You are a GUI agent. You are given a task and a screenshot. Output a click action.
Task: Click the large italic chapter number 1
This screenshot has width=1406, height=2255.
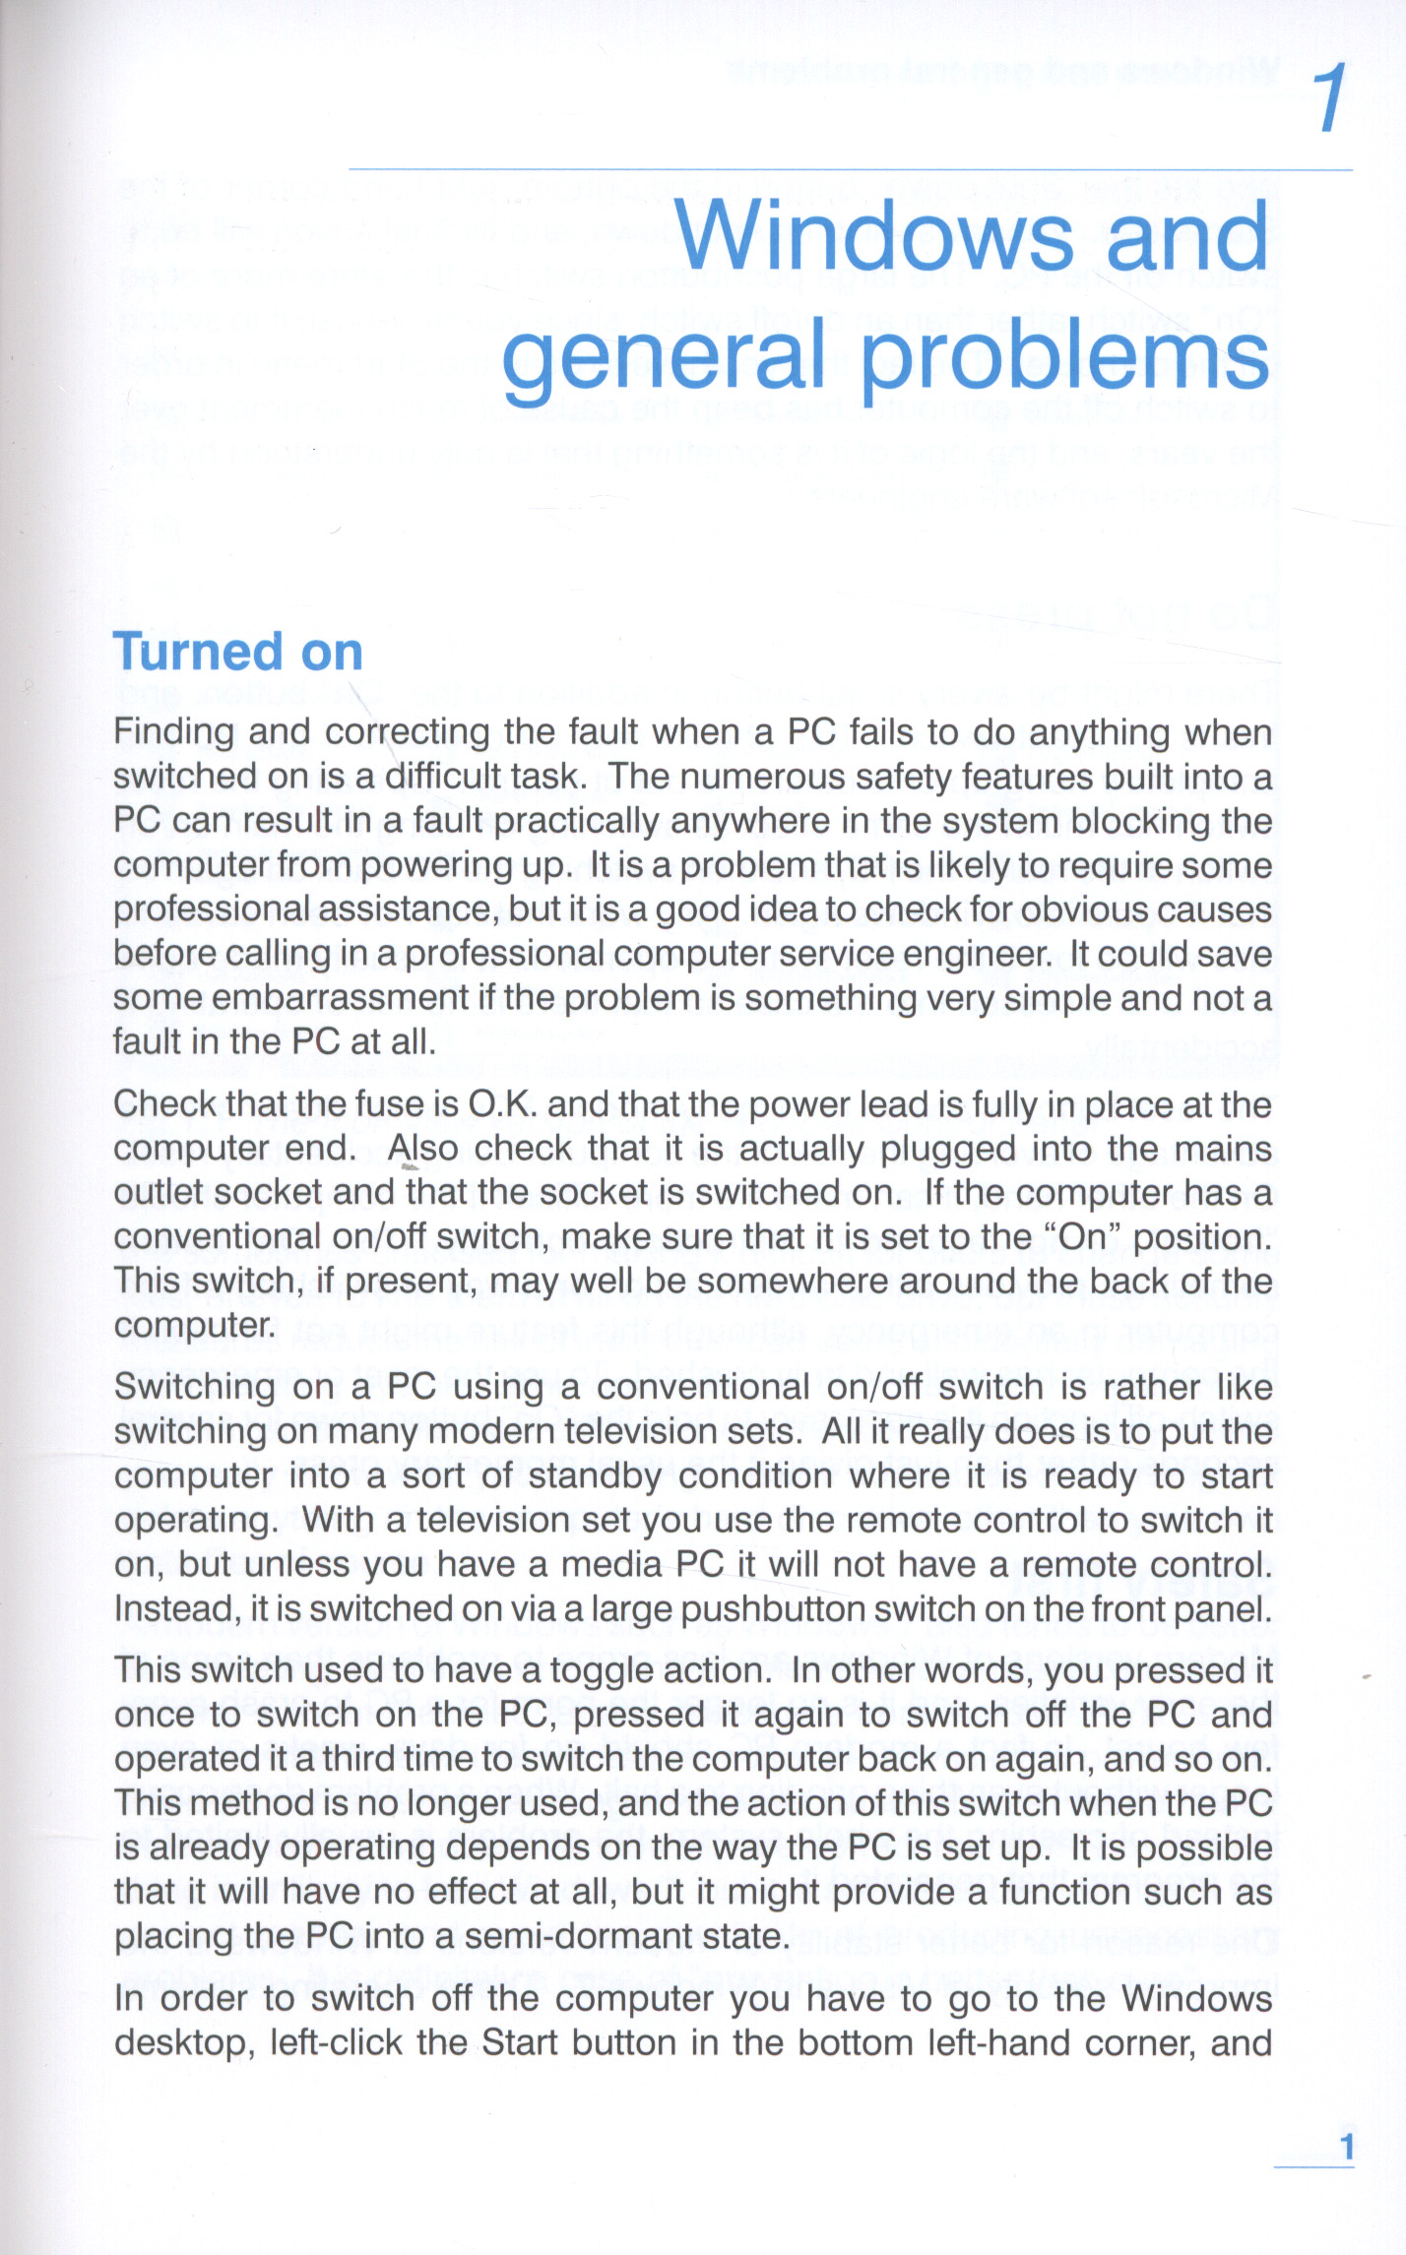1331,98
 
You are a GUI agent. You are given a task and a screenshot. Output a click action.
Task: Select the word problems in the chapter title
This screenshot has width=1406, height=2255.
1064,359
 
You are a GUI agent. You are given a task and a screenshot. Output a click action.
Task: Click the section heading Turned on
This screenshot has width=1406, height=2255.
238,652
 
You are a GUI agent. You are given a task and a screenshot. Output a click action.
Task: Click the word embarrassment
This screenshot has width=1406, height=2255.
340,998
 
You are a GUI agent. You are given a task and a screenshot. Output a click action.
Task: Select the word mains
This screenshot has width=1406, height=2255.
1225,1149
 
